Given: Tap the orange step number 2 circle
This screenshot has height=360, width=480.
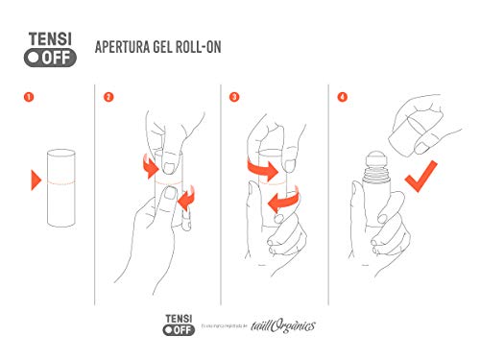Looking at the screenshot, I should coord(109,96).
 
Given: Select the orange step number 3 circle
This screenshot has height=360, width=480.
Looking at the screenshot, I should coord(233,96).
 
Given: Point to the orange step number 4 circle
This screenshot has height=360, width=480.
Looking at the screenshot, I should coord(343,96).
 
